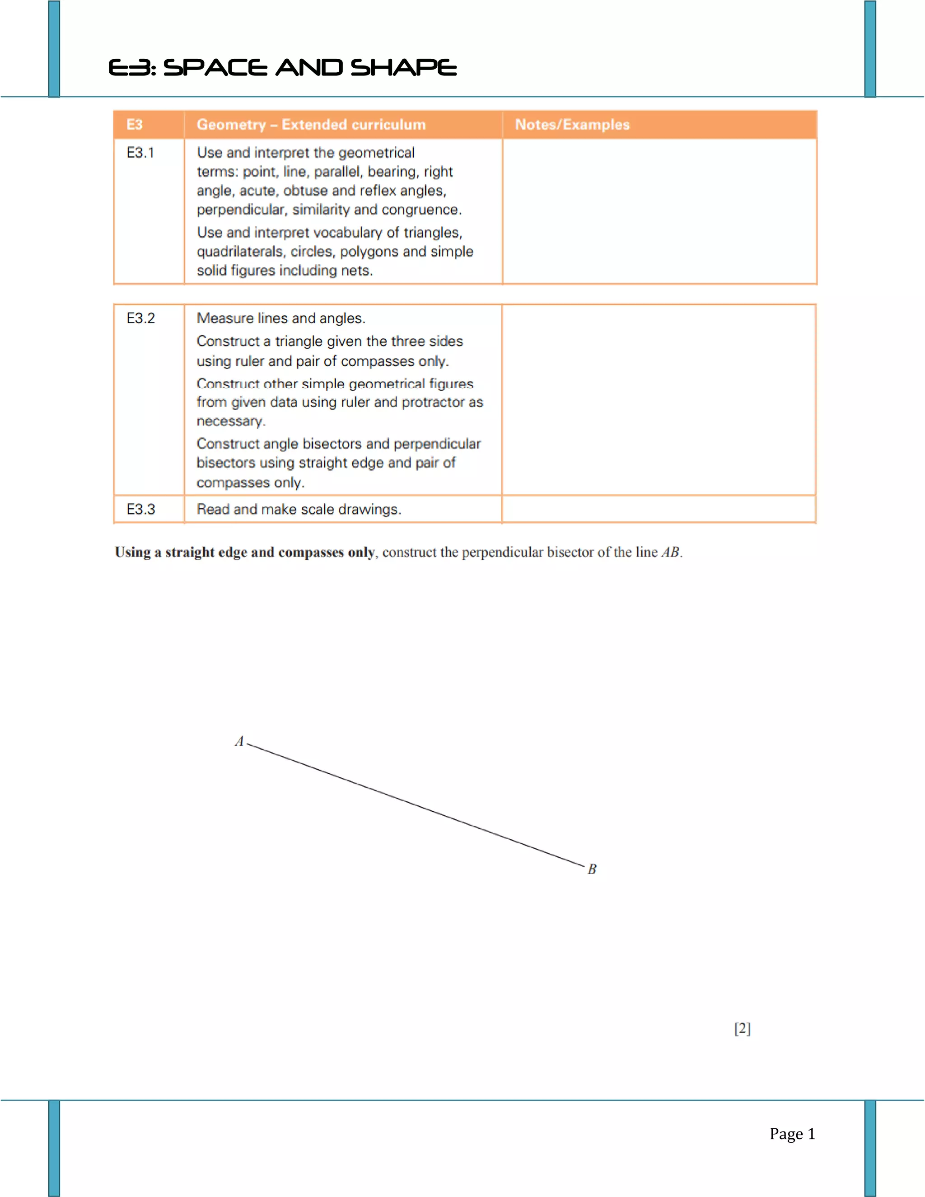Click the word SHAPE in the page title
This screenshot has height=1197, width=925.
pyautogui.click(x=403, y=68)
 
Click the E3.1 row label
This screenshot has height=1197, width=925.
pyautogui.click(x=140, y=153)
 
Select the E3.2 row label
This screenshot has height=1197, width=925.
pyautogui.click(x=141, y=318)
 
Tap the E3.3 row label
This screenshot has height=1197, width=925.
pyautogui.click(x=141, y=510)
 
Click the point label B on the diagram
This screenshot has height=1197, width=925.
pyautogui.click(x=592, y=869)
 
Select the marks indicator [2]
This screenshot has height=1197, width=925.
pyautogui.click(x=742, y=1029)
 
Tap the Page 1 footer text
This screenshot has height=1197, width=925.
pyautogui.click(x=792, y=1134)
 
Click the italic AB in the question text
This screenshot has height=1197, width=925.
pyautogui.click(x=671, y=552)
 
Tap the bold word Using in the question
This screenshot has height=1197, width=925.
pyautogui.click(x=133, y=552)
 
